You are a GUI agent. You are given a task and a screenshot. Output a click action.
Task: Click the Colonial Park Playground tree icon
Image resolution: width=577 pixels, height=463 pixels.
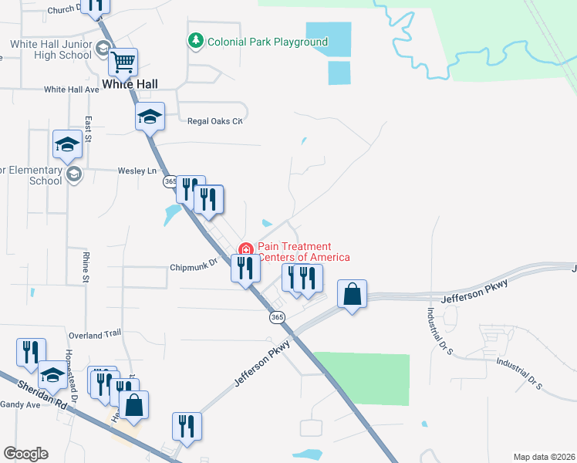click(197, 41)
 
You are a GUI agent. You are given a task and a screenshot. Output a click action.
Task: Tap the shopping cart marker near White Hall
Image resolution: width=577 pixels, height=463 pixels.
click(123, 61)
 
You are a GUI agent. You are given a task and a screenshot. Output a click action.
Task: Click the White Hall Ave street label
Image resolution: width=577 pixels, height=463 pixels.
click(72, 90)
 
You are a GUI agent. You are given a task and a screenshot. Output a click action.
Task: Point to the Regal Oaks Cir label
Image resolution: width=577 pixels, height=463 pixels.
click(215, 121)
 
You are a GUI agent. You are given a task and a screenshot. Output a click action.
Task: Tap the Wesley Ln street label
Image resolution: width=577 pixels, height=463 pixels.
click(137, 171)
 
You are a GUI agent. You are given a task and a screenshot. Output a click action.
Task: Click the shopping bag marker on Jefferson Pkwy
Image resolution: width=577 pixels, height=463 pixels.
click(352, 295)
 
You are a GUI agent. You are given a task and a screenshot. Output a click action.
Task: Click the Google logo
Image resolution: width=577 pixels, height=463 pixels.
click(25, 454)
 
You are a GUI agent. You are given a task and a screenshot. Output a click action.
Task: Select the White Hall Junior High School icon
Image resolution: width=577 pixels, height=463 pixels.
click(103, 50)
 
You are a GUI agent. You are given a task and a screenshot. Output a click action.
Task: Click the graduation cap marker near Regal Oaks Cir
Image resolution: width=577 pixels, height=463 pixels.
click(150, 117)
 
